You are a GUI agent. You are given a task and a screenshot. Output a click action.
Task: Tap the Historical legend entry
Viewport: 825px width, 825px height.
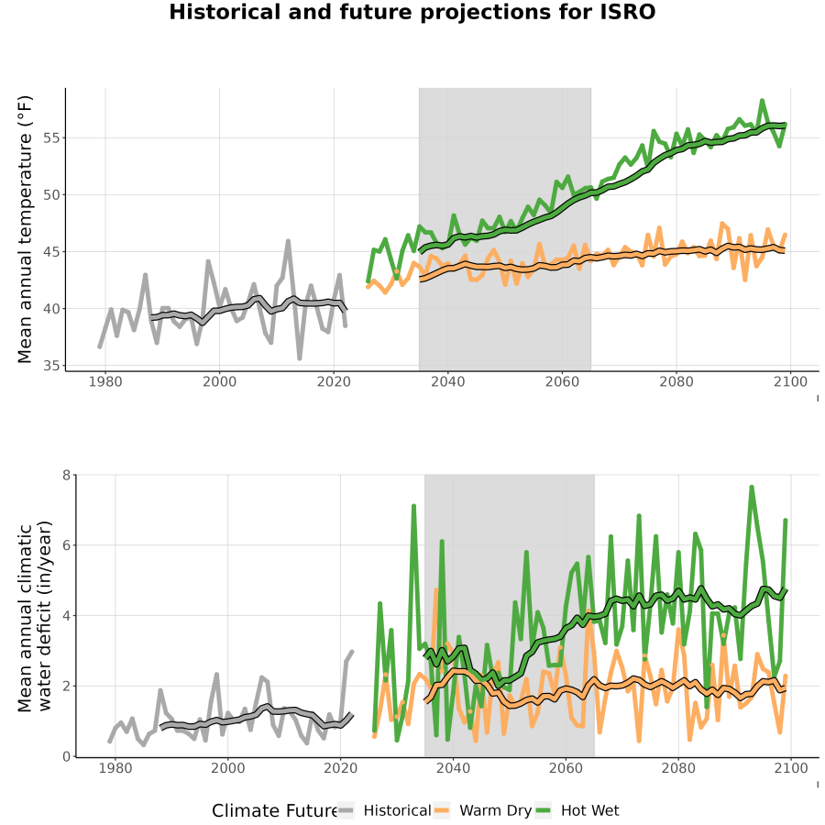(384, 810)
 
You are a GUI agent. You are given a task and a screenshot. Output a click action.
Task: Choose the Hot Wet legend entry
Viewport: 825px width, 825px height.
(577, 810)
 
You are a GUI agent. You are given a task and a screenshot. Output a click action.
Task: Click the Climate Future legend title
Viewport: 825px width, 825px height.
(275, 811)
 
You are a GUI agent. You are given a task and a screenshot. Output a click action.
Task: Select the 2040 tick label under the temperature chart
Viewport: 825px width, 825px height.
(447, 381)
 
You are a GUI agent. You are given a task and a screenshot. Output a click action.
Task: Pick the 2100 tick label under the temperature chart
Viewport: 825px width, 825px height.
(790, 381)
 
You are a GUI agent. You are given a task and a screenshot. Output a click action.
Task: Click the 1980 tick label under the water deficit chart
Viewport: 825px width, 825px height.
(115, 768)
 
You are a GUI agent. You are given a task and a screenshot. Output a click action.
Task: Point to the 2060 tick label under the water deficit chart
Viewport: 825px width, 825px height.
(566, 768)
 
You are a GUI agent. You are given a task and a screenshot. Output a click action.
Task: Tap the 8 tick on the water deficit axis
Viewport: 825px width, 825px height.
(66, 475)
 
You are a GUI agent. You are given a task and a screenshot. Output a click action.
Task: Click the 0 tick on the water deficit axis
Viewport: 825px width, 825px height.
(66, 756)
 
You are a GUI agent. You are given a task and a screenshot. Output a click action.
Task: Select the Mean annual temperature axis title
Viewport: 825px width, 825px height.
(25, 229)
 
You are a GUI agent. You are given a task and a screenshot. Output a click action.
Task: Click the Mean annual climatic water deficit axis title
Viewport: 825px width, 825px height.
(35, 616)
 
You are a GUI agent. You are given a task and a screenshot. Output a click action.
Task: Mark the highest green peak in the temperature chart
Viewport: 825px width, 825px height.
(762, 101)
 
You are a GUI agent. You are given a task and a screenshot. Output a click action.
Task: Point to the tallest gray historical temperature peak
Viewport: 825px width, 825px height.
(288, 241)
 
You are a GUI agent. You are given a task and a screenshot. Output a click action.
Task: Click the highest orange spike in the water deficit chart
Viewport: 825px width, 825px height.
(436, 589)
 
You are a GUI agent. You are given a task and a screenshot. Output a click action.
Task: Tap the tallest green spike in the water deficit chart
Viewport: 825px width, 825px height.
(752, 488)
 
